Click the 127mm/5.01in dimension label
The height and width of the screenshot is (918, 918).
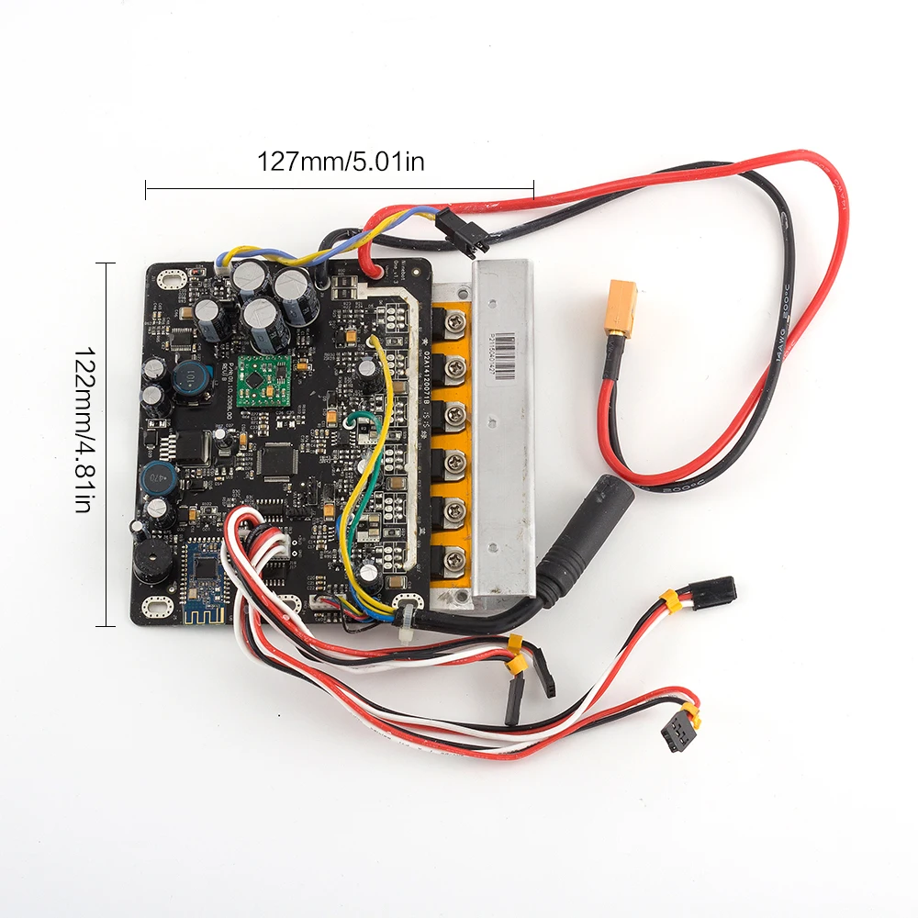[x=341, y=162]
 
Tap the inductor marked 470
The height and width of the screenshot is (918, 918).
[x=160, y=476]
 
